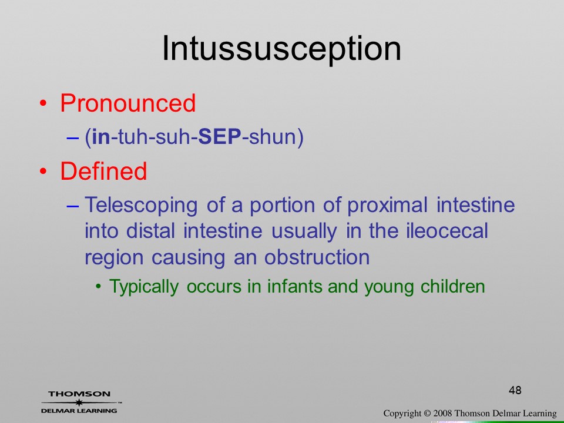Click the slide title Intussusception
pos(281,49)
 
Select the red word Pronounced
pos(127,103)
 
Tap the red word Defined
pos(103,171)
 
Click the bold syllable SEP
pos(220,137)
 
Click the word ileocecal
pos(446,231)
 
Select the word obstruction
pos(317,257)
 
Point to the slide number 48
pos(515,390)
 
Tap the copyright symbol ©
pos(427,414)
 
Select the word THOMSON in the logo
pos(79,394)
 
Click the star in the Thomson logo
pos(79,402)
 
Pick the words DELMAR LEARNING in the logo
pos(79,411)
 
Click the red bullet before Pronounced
pos(43,103)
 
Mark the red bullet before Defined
pos(43,171)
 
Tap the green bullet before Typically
pos(98,287)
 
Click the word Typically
pos(144,287)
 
